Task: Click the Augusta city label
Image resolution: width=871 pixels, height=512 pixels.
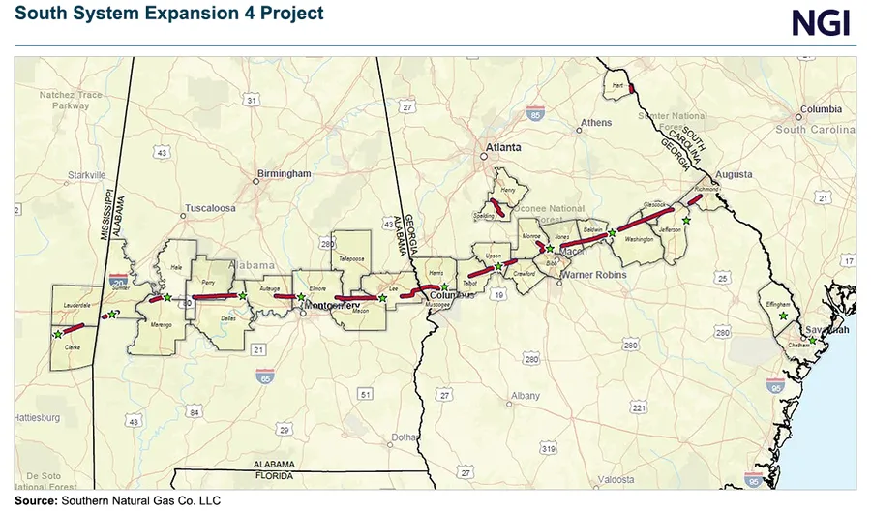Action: coord(734,175)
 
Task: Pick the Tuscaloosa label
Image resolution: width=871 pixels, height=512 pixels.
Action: coord(211,208)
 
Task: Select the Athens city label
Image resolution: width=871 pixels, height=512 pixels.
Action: coord(595,123)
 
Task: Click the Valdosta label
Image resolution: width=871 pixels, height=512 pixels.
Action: coord(616,479)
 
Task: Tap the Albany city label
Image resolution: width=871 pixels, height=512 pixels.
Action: coord(526,396)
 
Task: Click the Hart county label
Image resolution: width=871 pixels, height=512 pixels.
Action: coord(616,85)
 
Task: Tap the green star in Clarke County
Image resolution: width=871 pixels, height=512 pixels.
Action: coord(58,333)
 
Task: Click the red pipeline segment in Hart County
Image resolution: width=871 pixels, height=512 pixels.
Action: coord(631,88)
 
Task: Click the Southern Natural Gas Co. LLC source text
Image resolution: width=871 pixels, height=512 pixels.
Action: coord(140,501)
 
